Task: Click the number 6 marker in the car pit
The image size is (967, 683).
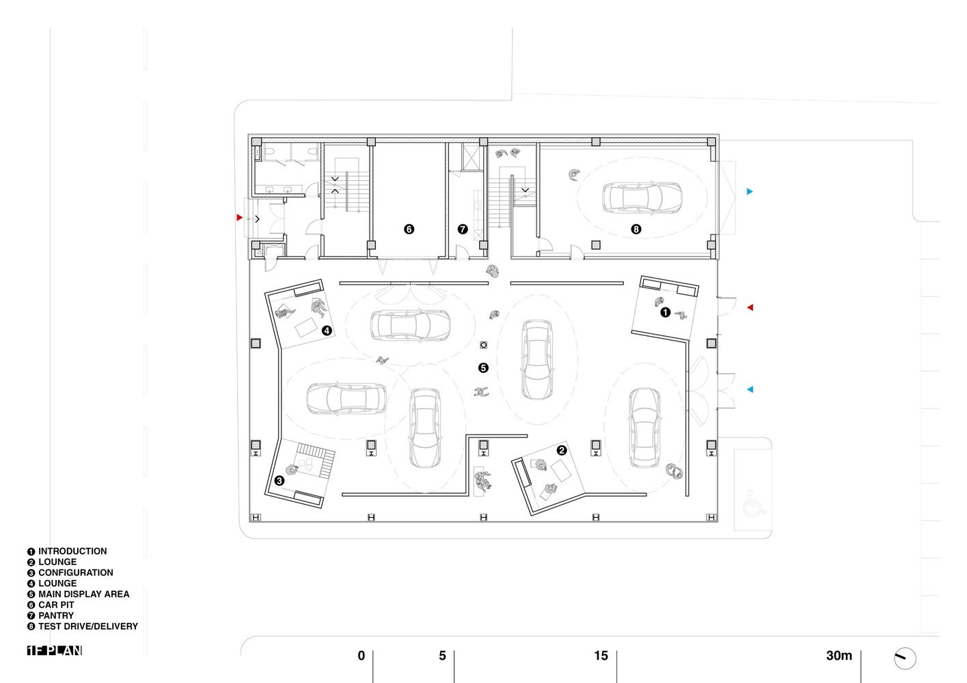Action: [x=409, y=229]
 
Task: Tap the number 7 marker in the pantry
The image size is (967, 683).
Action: [x=463, y=229]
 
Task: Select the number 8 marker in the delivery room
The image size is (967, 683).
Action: [x=636, y=229]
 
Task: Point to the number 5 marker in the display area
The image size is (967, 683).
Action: [x=483, y=368]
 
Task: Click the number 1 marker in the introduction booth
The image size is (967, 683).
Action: [x=665, y=313]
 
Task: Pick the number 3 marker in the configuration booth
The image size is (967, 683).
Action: [x=280, y=481]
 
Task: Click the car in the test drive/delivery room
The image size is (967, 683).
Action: [x=642, y=197]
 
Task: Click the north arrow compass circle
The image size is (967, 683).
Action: [x=905, y=658]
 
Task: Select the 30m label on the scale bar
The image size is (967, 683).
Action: [x=839, y=656]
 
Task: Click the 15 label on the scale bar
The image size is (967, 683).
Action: [x=601, y=656]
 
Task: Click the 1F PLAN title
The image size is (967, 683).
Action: [x=55, y=651]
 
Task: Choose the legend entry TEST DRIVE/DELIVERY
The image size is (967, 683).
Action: [x=87, y=626]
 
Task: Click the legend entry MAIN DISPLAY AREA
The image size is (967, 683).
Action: [x=83, y=594]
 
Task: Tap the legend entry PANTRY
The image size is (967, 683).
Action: [x=55, y=615]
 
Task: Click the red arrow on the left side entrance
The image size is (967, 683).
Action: [x=239, y=218]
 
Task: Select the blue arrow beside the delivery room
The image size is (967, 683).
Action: [x=750, y=192]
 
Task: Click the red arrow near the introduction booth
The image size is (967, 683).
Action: [x=750, y=308]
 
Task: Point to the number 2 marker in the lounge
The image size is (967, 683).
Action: [x=562, y=451]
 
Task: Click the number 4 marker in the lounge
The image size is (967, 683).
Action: [x=327, y=331]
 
